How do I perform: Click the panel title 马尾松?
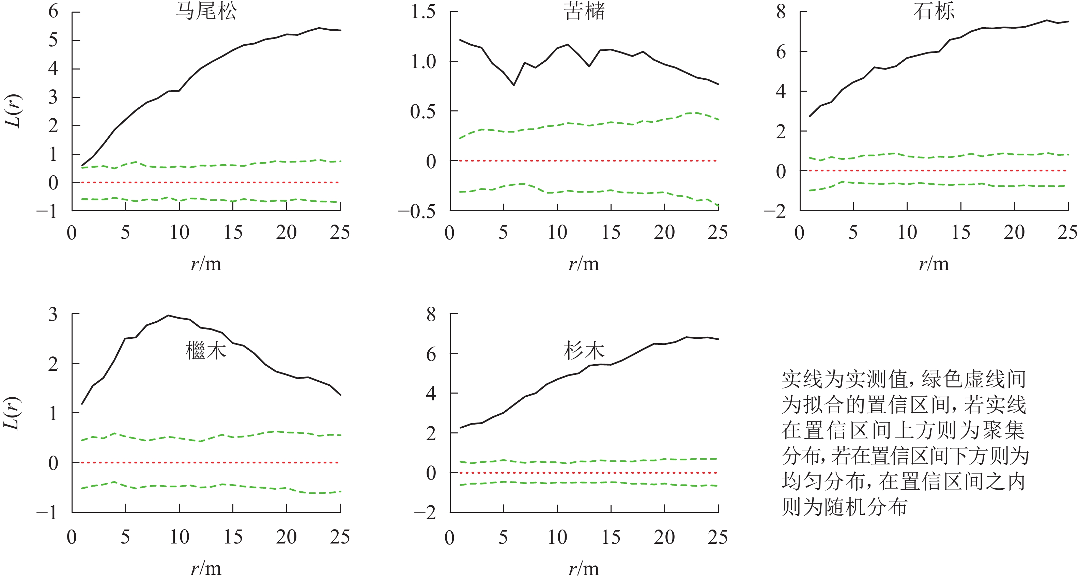(206, 11)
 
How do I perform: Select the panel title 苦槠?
(584, 11)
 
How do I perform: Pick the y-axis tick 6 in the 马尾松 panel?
(53, 11)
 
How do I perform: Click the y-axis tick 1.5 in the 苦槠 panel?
(423, 11)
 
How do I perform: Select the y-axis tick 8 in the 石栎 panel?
(781, 11)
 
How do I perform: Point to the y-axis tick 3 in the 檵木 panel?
(53, 314)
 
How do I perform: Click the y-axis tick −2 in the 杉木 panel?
(425, 513)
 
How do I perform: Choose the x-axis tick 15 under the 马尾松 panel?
(233, 232)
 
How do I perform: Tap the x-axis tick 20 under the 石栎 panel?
(1014, 232)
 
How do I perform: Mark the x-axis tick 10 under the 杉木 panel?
(557, 537)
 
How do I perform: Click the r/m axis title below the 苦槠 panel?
(584, 264)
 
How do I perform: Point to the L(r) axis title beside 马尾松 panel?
(13, 111)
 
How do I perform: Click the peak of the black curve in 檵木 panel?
(168, 316)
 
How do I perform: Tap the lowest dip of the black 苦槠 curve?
(514, 85)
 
